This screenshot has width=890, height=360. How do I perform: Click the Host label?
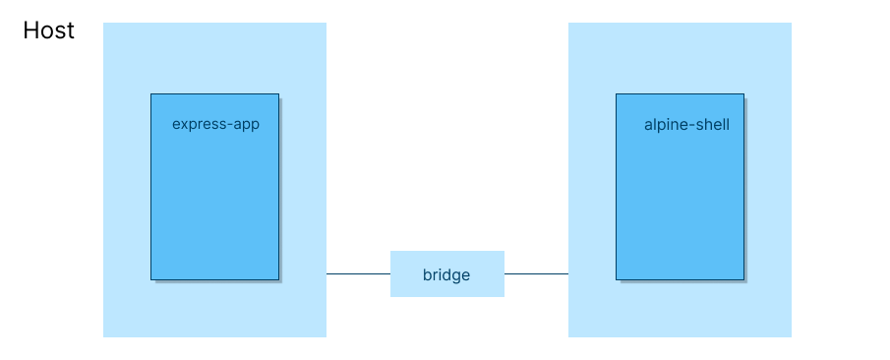point(48,30)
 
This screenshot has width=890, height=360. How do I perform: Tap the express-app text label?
point(215,125)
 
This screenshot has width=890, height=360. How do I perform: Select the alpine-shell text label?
point(686,125)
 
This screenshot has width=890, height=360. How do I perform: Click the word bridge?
point(446,275)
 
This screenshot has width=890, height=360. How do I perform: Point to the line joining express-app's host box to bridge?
point(358,273)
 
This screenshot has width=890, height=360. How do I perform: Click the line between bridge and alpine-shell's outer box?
point(536,273)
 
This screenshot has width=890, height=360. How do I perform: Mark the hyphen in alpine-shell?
point(690,126)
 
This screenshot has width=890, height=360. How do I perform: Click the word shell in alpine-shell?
point(711,125)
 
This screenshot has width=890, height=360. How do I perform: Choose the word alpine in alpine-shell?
point(666,126)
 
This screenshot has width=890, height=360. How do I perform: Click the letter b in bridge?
point(427,275)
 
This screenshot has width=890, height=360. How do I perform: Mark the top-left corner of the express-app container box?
point(151,94)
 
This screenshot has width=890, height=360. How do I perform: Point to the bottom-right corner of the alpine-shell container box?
point(742,278)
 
